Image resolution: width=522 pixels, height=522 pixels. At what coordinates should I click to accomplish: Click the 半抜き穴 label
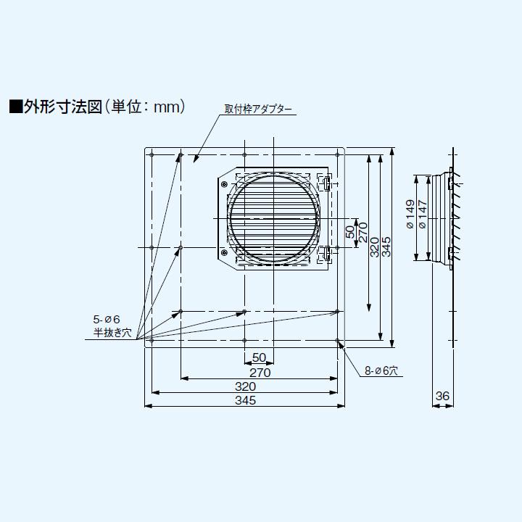click(112, 333)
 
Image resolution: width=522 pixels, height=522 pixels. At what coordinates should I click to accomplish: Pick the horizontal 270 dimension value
click(260, 373)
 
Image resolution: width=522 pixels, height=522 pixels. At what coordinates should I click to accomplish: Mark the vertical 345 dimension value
click(387, 246)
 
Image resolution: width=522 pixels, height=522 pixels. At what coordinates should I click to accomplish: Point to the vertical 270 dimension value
click(363, 232)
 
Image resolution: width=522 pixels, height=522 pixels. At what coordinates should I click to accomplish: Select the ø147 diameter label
click(423, 215)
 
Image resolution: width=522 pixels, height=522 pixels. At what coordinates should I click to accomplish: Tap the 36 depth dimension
click(443, 396)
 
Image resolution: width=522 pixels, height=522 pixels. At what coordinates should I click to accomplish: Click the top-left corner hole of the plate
click(151, 154)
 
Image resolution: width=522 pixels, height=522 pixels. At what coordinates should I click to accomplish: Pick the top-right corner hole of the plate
click(338, 154)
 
